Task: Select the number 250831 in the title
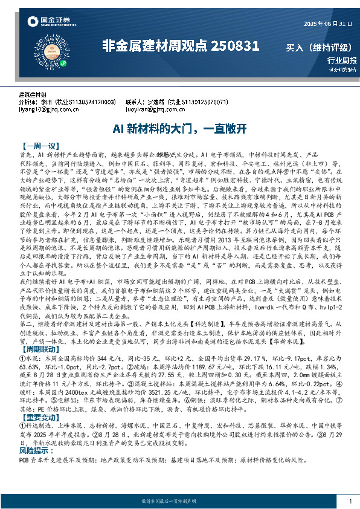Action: (x=235, y=45)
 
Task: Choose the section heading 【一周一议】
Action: (x=39, y=146)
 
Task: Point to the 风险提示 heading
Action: (x=35, y=451)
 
